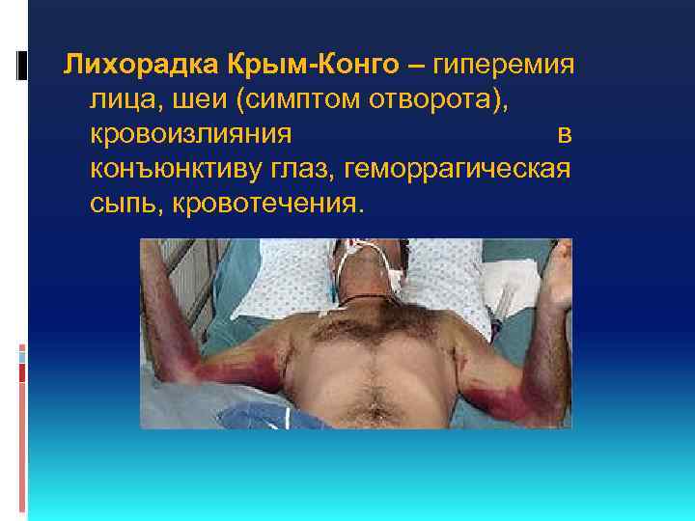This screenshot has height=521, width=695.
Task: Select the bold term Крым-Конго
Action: coord(313,65)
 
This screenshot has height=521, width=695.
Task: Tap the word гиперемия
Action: coord(504,65)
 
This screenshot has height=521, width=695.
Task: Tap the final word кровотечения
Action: coord(268,203)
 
